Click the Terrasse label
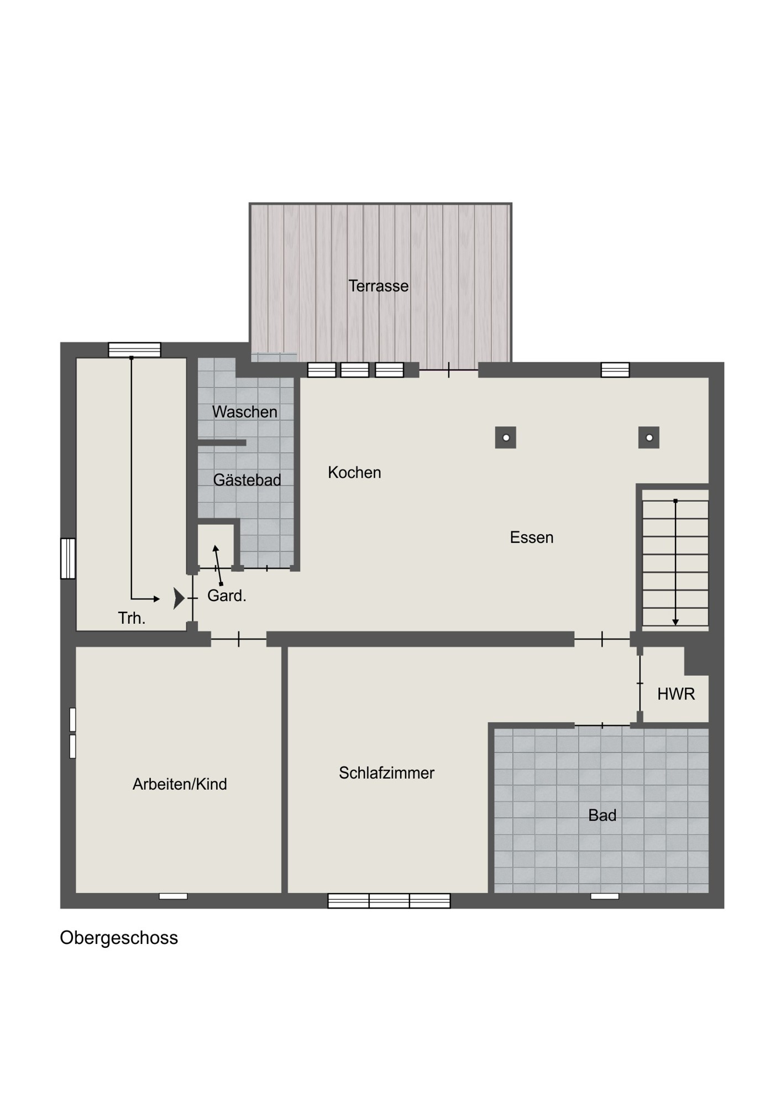(x=379, y=286)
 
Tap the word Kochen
(x=354, y=472)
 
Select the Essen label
(x=532, y=537)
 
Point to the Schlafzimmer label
(x=387, y=773)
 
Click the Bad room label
(x=602, y=815)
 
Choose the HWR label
(x=676, y=694)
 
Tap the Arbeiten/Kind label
(x=180, y=784)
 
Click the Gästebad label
(x=247, y=479)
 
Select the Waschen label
(x=245, y=411)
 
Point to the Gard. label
(x=227, y=596)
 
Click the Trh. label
(x=132, y=618)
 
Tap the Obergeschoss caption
(x=119, y=938)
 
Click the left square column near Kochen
(x=505, y=437)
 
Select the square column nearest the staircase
(x=649, y=437)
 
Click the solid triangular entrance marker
(x=179, y=598)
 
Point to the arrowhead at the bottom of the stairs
(x=675, y=622)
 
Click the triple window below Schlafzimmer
(x=389, y=901)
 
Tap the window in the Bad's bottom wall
(x=605, y=896)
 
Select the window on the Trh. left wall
(x=68, y=559)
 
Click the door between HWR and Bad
(x=602, y=725)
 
